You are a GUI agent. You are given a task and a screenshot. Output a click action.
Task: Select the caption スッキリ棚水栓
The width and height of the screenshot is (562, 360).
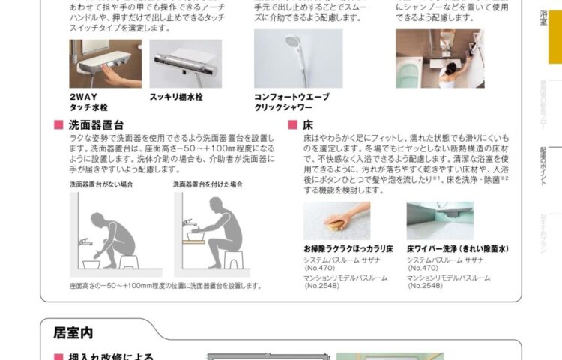(176, 97)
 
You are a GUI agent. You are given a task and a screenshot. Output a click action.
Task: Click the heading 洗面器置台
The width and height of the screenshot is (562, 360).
(95, 126)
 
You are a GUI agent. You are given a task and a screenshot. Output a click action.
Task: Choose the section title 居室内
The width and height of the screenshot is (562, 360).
(73, 330)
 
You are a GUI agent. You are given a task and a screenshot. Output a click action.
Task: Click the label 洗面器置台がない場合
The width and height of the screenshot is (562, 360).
(101, 184)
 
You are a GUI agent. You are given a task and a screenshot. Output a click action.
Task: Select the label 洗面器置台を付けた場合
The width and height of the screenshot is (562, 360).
(208, 184)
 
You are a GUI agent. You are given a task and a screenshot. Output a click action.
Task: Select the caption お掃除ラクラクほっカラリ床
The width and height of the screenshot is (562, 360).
(342, 247)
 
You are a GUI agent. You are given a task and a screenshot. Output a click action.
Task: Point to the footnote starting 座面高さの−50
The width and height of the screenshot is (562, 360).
(165, 285)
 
